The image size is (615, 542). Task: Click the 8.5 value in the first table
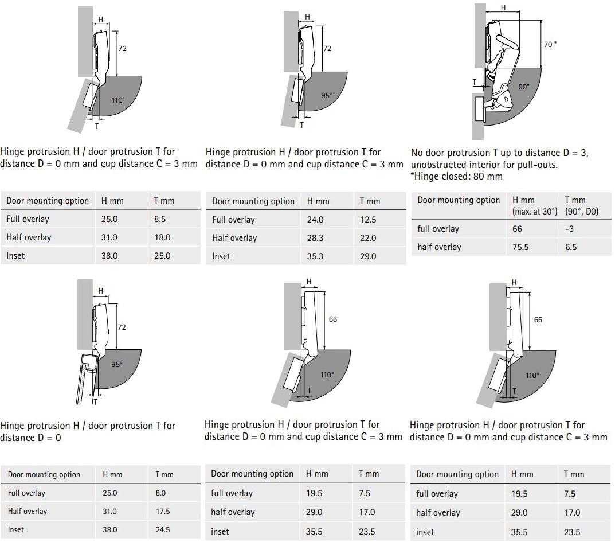(160, 219)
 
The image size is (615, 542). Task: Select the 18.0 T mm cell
(162, 237)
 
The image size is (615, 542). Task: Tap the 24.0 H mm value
(315, 220)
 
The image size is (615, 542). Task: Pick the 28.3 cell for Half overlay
(315, 238)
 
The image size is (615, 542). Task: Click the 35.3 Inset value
(315, 256)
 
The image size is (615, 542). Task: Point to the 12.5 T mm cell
(368, 220)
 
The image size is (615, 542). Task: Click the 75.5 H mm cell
(520, 247)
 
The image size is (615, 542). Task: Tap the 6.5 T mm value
(571, 247)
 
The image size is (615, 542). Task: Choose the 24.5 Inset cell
(163, 530)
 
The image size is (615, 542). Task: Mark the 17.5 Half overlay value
(163, 512)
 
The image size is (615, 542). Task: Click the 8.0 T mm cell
(160, 493)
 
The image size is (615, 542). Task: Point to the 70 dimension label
(548, 45)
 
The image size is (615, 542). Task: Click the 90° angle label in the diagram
(524, 87)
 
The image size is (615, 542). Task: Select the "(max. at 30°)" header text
(535, 212)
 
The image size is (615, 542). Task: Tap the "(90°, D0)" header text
(582, 212)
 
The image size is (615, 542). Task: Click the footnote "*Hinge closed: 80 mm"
(457, 176)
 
